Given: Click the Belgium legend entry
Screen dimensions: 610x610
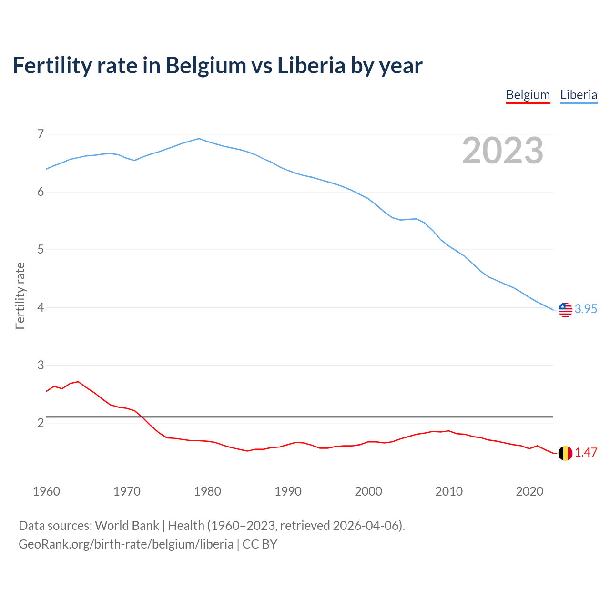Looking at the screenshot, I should [x=528, y=95].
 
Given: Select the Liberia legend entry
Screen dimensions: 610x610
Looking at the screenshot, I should [x=579, y=95].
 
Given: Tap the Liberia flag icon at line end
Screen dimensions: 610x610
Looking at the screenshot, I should [x=565, y=309].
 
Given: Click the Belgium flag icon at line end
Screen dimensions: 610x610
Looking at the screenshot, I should [x=565, y=453].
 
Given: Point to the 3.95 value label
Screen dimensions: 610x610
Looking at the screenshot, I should [x=586, y=309].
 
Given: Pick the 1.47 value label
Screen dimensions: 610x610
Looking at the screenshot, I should [x=586, y=453].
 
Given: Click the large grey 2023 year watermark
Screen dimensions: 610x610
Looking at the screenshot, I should [x=502, y=151].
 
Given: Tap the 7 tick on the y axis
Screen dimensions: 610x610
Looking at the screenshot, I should [x=41, y=134].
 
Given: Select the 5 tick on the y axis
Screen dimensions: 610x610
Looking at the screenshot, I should [x=41, y=250].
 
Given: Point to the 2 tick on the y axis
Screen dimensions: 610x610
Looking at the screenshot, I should [x=41, y=423].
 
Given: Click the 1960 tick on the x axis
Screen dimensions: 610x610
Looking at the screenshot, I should [x=46, y=491].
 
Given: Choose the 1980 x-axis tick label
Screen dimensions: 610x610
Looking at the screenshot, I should [x=207, y=491].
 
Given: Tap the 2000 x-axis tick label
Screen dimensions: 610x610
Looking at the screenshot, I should [x=368, y=491].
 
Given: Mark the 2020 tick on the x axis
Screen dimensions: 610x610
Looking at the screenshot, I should [x=529, y=491].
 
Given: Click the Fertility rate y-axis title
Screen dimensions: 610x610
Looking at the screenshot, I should [x=20, y=295].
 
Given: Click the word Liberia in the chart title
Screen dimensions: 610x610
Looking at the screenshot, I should [x=311, y=66].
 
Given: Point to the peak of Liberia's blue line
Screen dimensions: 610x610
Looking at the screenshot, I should [x=199, y=139].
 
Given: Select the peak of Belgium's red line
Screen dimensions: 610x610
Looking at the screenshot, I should [x=78, y=382].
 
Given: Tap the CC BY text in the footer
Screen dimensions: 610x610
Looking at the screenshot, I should [x=260, y=544].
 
